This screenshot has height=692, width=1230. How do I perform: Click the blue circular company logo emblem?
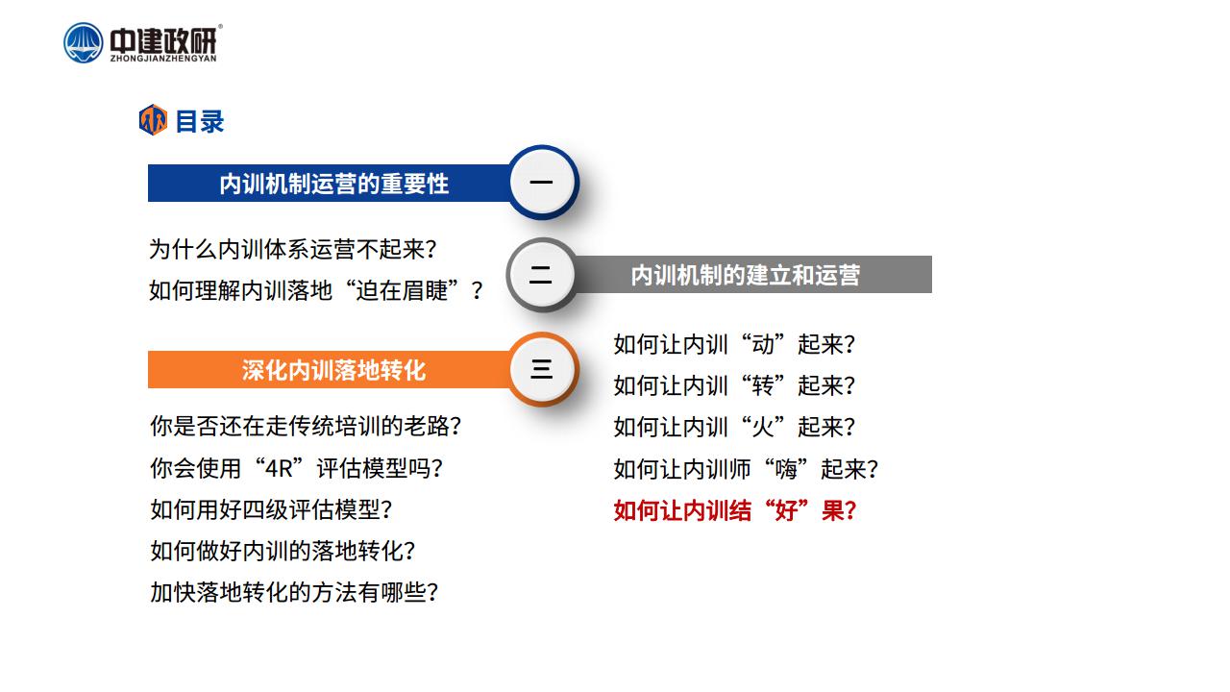[x=83, y=42]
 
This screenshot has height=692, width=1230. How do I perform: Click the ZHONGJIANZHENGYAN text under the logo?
[x=163, y=59]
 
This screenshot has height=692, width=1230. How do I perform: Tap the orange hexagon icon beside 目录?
[x=153, y=120]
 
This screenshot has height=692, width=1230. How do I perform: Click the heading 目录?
[x=199, y=121]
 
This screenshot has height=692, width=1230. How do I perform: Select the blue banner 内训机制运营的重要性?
[x=330, y=183]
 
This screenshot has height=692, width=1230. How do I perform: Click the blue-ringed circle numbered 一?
[x=541, y=182]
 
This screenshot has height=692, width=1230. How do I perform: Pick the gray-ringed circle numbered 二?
[x=541, y=275]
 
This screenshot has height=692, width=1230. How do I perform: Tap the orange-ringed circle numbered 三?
[x=541, y=368]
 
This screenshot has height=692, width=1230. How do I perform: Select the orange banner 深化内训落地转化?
[x=330, y=370]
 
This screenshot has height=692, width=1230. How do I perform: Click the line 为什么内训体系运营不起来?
[x=293, y=249]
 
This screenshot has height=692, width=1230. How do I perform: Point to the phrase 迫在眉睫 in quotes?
[x=402, y=290]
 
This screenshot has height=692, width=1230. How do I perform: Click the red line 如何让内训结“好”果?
[x=735, y=510]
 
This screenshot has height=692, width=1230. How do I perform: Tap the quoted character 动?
[x=763, y=344]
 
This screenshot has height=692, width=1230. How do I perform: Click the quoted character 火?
[x=763, y=427]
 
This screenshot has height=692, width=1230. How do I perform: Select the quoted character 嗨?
[x=786, y=469]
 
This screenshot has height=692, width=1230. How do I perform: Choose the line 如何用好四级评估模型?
[x=271, y=509]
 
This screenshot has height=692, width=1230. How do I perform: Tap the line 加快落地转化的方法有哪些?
[x=294, y=592]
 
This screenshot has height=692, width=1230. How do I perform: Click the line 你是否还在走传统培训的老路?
[x=306, y=426]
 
